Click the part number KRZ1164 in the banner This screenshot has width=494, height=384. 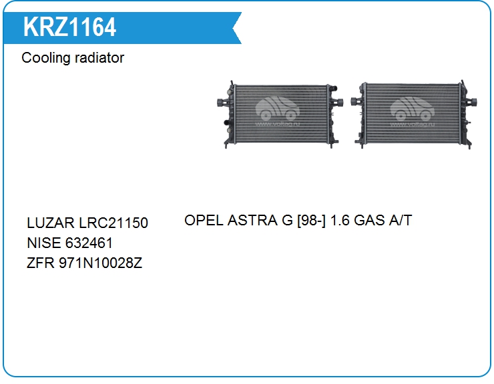tap(69, 27)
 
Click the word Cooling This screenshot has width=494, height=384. tap(45, 58)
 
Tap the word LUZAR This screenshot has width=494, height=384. tap(51, 223)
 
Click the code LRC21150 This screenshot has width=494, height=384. tap(113, 223)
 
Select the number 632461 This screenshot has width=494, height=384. tap(89, 243)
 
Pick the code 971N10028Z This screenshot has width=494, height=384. tap(101, 263)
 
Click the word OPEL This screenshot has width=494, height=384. tap(204, 220)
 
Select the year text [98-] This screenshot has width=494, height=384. tap(312, 220)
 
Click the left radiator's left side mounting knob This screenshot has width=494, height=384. tap(222, 103)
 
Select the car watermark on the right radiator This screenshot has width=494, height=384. tap(412, 109)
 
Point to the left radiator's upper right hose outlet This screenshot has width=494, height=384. tap(334, 89)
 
